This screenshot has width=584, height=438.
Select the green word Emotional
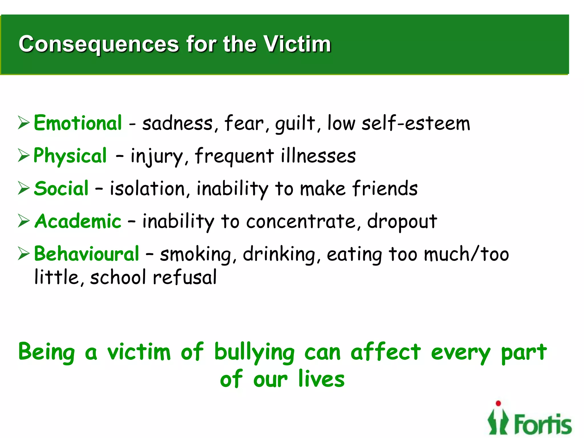click(x=78, y=123)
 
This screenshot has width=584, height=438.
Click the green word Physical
click(x=70, y=156)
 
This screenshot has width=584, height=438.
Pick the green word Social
click(x=61, y=188)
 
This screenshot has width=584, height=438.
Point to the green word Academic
click(x=78, y=221)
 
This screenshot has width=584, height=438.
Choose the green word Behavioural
click(x=86, y=254)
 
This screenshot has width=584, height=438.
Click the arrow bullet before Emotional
click(x=24, y=123)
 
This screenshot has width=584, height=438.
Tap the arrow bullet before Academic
click(x=24, y=221)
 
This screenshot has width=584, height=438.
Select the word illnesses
click(x=318, y=156)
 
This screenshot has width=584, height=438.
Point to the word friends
click(x=385, y=188)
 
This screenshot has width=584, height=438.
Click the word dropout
click(x=402, y=222)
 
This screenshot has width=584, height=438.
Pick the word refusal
click(x=185, y=277)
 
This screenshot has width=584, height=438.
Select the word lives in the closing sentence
click(x=321, y=379)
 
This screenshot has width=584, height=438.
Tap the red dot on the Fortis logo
click(x=498, y=403)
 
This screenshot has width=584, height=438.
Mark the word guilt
click(x=295, y=124)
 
